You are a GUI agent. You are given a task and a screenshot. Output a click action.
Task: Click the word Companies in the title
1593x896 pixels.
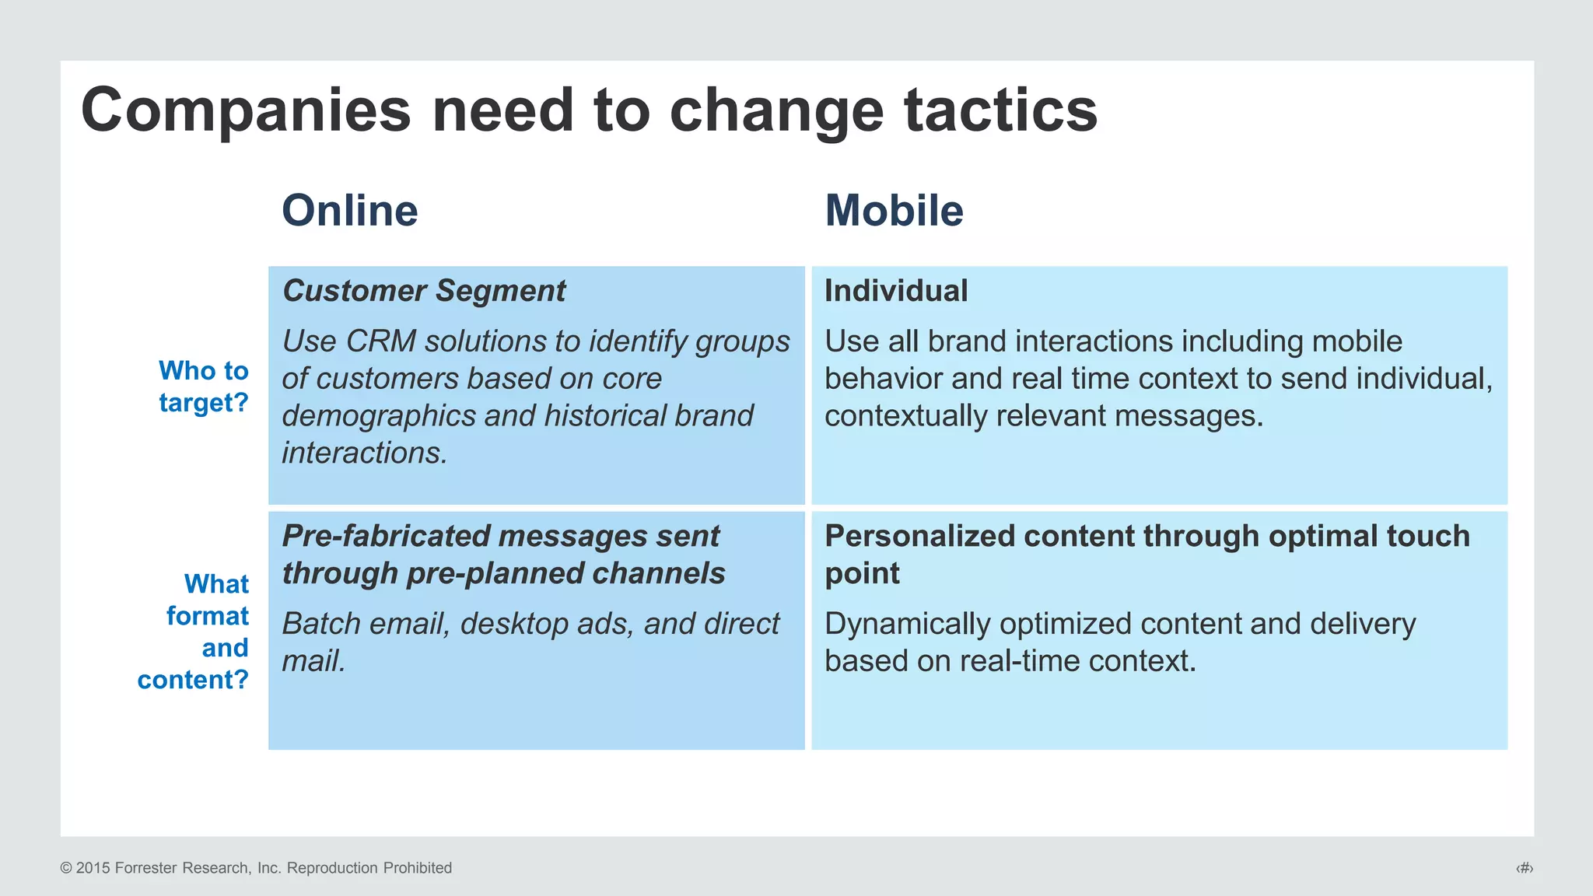(245, 110)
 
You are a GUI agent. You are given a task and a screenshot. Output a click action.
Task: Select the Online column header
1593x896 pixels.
(349, 211)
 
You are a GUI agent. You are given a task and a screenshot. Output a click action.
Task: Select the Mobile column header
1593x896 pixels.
(894, 211)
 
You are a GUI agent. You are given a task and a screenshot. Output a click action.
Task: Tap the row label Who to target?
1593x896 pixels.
(204, 387)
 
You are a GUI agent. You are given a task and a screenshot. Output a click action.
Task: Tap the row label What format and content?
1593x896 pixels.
(194, 632)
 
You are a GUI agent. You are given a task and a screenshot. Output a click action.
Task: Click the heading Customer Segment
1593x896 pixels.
(424, 291)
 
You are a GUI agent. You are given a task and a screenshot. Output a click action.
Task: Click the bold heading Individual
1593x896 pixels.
(896, 291)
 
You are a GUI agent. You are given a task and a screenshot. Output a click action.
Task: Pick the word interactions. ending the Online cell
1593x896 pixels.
(364, 453)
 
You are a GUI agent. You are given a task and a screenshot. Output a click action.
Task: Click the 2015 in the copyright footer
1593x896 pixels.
(93, 868)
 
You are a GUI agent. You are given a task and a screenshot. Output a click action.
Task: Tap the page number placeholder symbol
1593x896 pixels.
(1524, 868)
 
